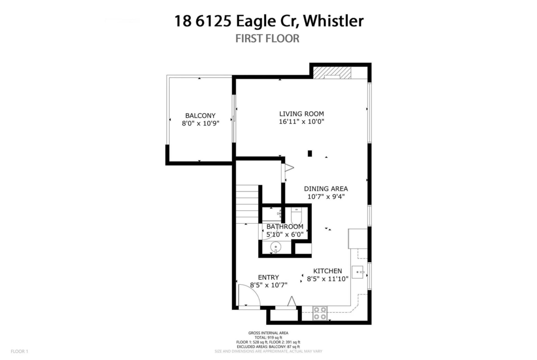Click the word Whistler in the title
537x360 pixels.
coord(333,21)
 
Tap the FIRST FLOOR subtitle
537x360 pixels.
coord(268,39)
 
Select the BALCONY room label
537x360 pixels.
coord(201,116)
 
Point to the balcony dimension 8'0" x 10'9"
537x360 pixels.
coord(201,123)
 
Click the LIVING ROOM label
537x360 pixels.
coord(302,114)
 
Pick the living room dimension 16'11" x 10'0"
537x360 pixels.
coord(302,122)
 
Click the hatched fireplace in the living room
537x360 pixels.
coord(332,73)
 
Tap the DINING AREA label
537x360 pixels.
coord(326,188)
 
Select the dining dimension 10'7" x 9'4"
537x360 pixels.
coord(326,196)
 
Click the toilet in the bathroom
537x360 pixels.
coord(296,216)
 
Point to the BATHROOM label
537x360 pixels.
coord(285,227)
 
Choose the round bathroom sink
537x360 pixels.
coord(275,247)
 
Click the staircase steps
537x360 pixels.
coord(247,204)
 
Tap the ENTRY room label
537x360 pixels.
coord(268,277)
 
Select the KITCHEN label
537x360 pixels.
coord(327,271)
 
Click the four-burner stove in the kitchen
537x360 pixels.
coord(320,314)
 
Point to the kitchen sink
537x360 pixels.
coord(358,271)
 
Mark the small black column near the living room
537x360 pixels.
coord(310,154)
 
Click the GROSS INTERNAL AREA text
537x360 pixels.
coord(268,332)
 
